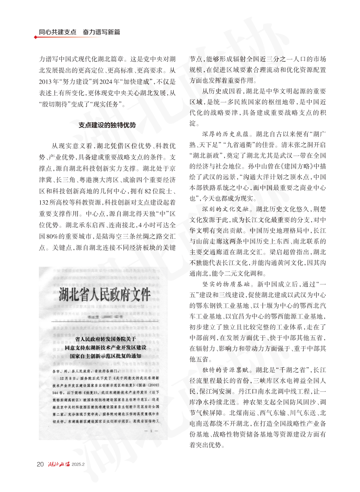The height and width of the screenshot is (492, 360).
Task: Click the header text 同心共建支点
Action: (x=58, y=33)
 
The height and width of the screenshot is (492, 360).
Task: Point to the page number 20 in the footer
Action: (x=40, y=463)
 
